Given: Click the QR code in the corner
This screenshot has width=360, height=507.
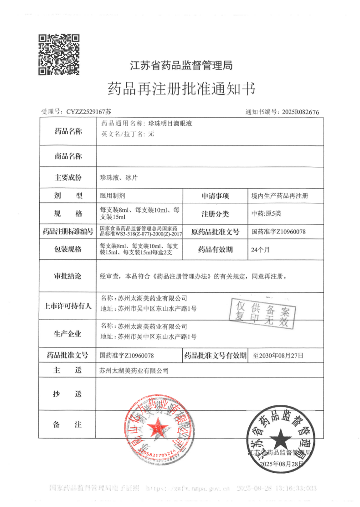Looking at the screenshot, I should (x=59, y=54).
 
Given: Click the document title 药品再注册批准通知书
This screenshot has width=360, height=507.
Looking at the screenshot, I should (x=181, y=88).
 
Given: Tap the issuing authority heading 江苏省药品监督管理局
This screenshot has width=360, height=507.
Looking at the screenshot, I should (x=181, y=66).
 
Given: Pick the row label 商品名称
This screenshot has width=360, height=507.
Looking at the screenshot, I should (x=68, y=156).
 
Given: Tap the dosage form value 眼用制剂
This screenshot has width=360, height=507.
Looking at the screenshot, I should (x=112, y=196).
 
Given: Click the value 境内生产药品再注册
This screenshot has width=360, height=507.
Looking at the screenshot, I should (x=280, y=196).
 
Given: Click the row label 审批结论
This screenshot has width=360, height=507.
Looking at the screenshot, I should (x=68, y=276).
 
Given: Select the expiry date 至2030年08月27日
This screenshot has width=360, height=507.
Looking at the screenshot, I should (x=278, y=355).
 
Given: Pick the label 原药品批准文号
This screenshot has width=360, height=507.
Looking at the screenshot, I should (x=215, y=232).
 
